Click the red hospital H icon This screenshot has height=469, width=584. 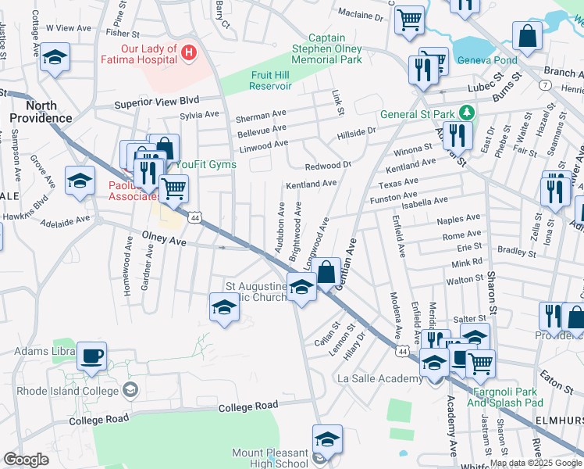(187, 52)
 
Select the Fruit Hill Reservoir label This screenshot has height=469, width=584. (272, 81)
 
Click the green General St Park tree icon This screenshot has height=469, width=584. (466, 113)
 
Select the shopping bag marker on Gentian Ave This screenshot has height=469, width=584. (327, 272)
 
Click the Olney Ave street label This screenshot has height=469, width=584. (164, 242)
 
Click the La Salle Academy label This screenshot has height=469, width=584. (379, 379)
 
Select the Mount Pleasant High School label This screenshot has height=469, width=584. (270, 458)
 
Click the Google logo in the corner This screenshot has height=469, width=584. (26, 459)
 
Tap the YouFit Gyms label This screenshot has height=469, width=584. (205, 164)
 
